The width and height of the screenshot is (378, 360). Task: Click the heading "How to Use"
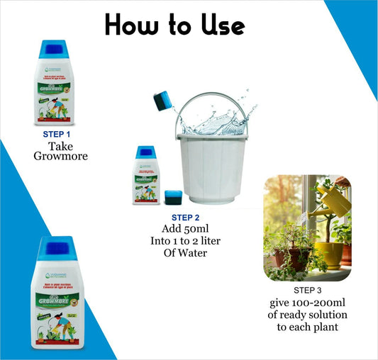pos(174,26)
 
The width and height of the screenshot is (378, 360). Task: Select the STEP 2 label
pos(185,218)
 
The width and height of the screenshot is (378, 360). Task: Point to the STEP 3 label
pos(307,291)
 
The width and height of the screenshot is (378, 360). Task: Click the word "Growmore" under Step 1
pos(60,157)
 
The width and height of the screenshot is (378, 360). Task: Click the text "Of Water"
pos(185,253)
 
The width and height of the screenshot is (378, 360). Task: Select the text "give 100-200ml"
pos(306,303)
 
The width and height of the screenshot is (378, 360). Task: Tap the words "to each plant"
pos(306,327)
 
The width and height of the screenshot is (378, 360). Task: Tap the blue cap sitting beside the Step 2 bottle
pos(172,198)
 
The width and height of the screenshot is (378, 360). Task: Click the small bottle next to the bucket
pos(145,177)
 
